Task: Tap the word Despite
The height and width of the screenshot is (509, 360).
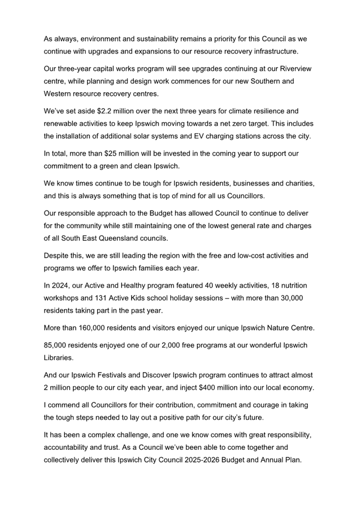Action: pyautogui.click(x=58, y=255)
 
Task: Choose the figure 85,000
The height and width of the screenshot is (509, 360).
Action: pyautogui.click(x=57, y=345)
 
